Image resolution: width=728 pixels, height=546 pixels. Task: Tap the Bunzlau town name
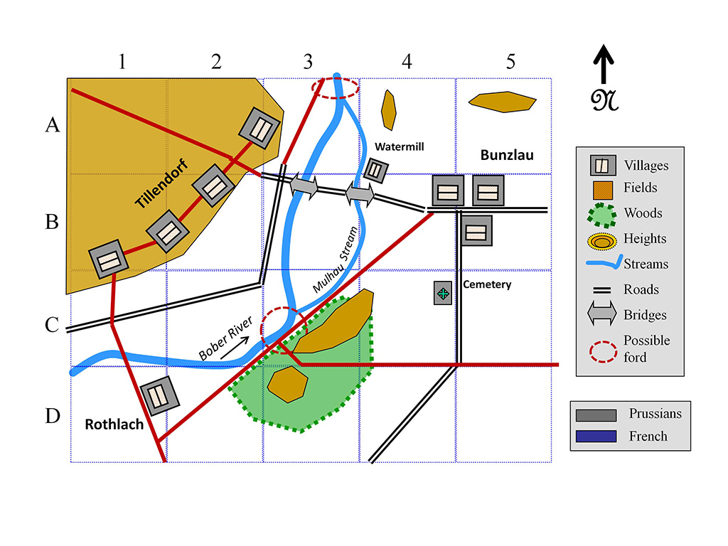[x=507, y=155]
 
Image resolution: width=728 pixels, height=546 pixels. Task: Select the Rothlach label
[x=114, y=424]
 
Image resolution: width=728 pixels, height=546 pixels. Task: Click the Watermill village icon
[x=375, y=169]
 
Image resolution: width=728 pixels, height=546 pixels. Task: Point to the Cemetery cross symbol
[x=444, y=294]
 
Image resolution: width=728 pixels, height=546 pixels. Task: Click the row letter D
[x=52, y=415]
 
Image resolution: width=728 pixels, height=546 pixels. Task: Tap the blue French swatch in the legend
[x=596, y=436]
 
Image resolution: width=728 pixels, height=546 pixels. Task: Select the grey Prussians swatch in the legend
[x=596, y=414]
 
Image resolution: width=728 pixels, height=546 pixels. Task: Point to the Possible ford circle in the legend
[x=601, y=348]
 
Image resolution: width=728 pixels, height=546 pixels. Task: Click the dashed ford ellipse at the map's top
[x=336, y=88]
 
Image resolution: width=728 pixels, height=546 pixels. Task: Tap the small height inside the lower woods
[x=287, y=384]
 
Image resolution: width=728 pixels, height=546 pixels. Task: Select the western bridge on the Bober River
[x=304, y=187]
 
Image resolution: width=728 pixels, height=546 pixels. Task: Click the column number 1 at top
[x=122, y=62]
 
